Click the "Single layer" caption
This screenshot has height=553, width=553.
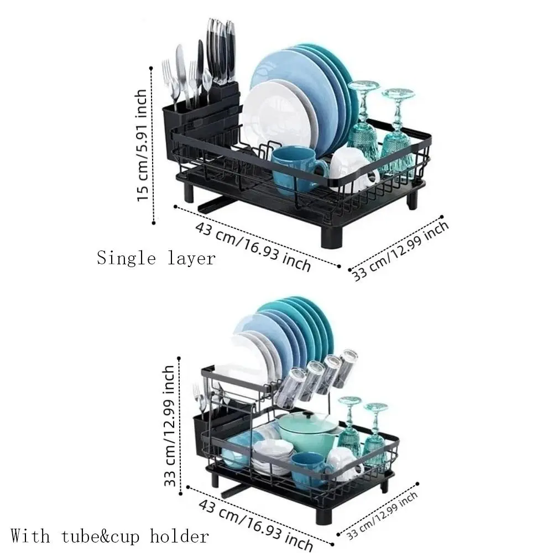pyautogui.click(x=156, y=258)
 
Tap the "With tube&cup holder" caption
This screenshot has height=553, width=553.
pyautogui.click(x=109, y=536)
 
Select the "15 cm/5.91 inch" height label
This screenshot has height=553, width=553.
pyautogui.click(x=142, y=145)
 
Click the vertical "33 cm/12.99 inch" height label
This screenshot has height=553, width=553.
pyautogui.click(x=170, y=426)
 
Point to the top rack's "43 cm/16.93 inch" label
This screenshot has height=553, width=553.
pyautogui.click(x=253, y=246)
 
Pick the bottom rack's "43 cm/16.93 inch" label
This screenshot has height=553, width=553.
pyautogui.click(x=255, y=524)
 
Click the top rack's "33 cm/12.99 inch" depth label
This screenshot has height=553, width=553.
pyautogui.click(x=401, y=251)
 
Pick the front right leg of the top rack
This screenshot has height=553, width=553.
pyautogui.click(x=331, y=236)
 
